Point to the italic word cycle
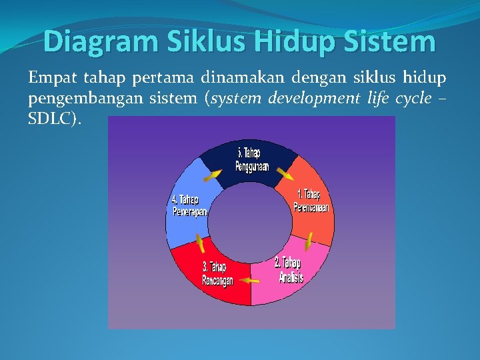click(413, 99)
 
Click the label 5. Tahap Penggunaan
click(252, 159)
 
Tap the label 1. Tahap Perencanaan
click(311, 201)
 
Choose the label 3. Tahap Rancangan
click(217, 274)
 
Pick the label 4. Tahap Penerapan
click(189, 205)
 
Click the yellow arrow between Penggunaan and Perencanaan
click(285, 175)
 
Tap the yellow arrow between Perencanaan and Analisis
click(309, 241)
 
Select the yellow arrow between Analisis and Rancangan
click(250, 281)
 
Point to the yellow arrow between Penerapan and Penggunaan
click(213, 175)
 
